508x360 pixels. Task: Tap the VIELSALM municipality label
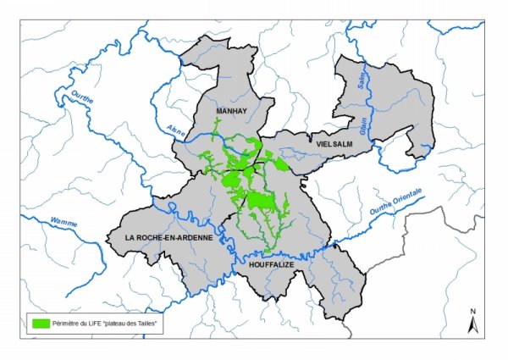point(334,145)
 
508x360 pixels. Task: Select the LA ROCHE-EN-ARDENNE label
point(168,238)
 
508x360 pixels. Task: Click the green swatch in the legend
point(40,324)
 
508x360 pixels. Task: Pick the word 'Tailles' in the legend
point(147,324)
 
